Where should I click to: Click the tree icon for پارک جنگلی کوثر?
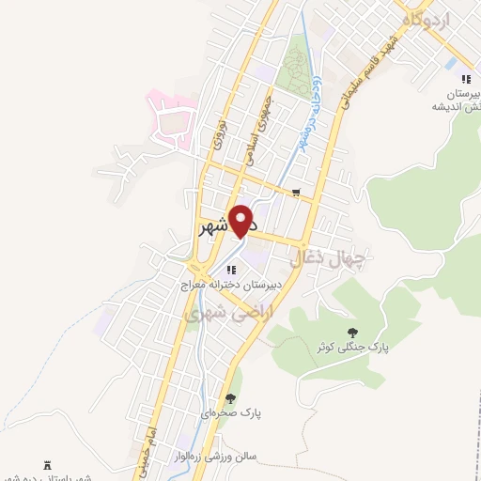coord(352,333)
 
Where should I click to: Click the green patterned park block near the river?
coord(296,66)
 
